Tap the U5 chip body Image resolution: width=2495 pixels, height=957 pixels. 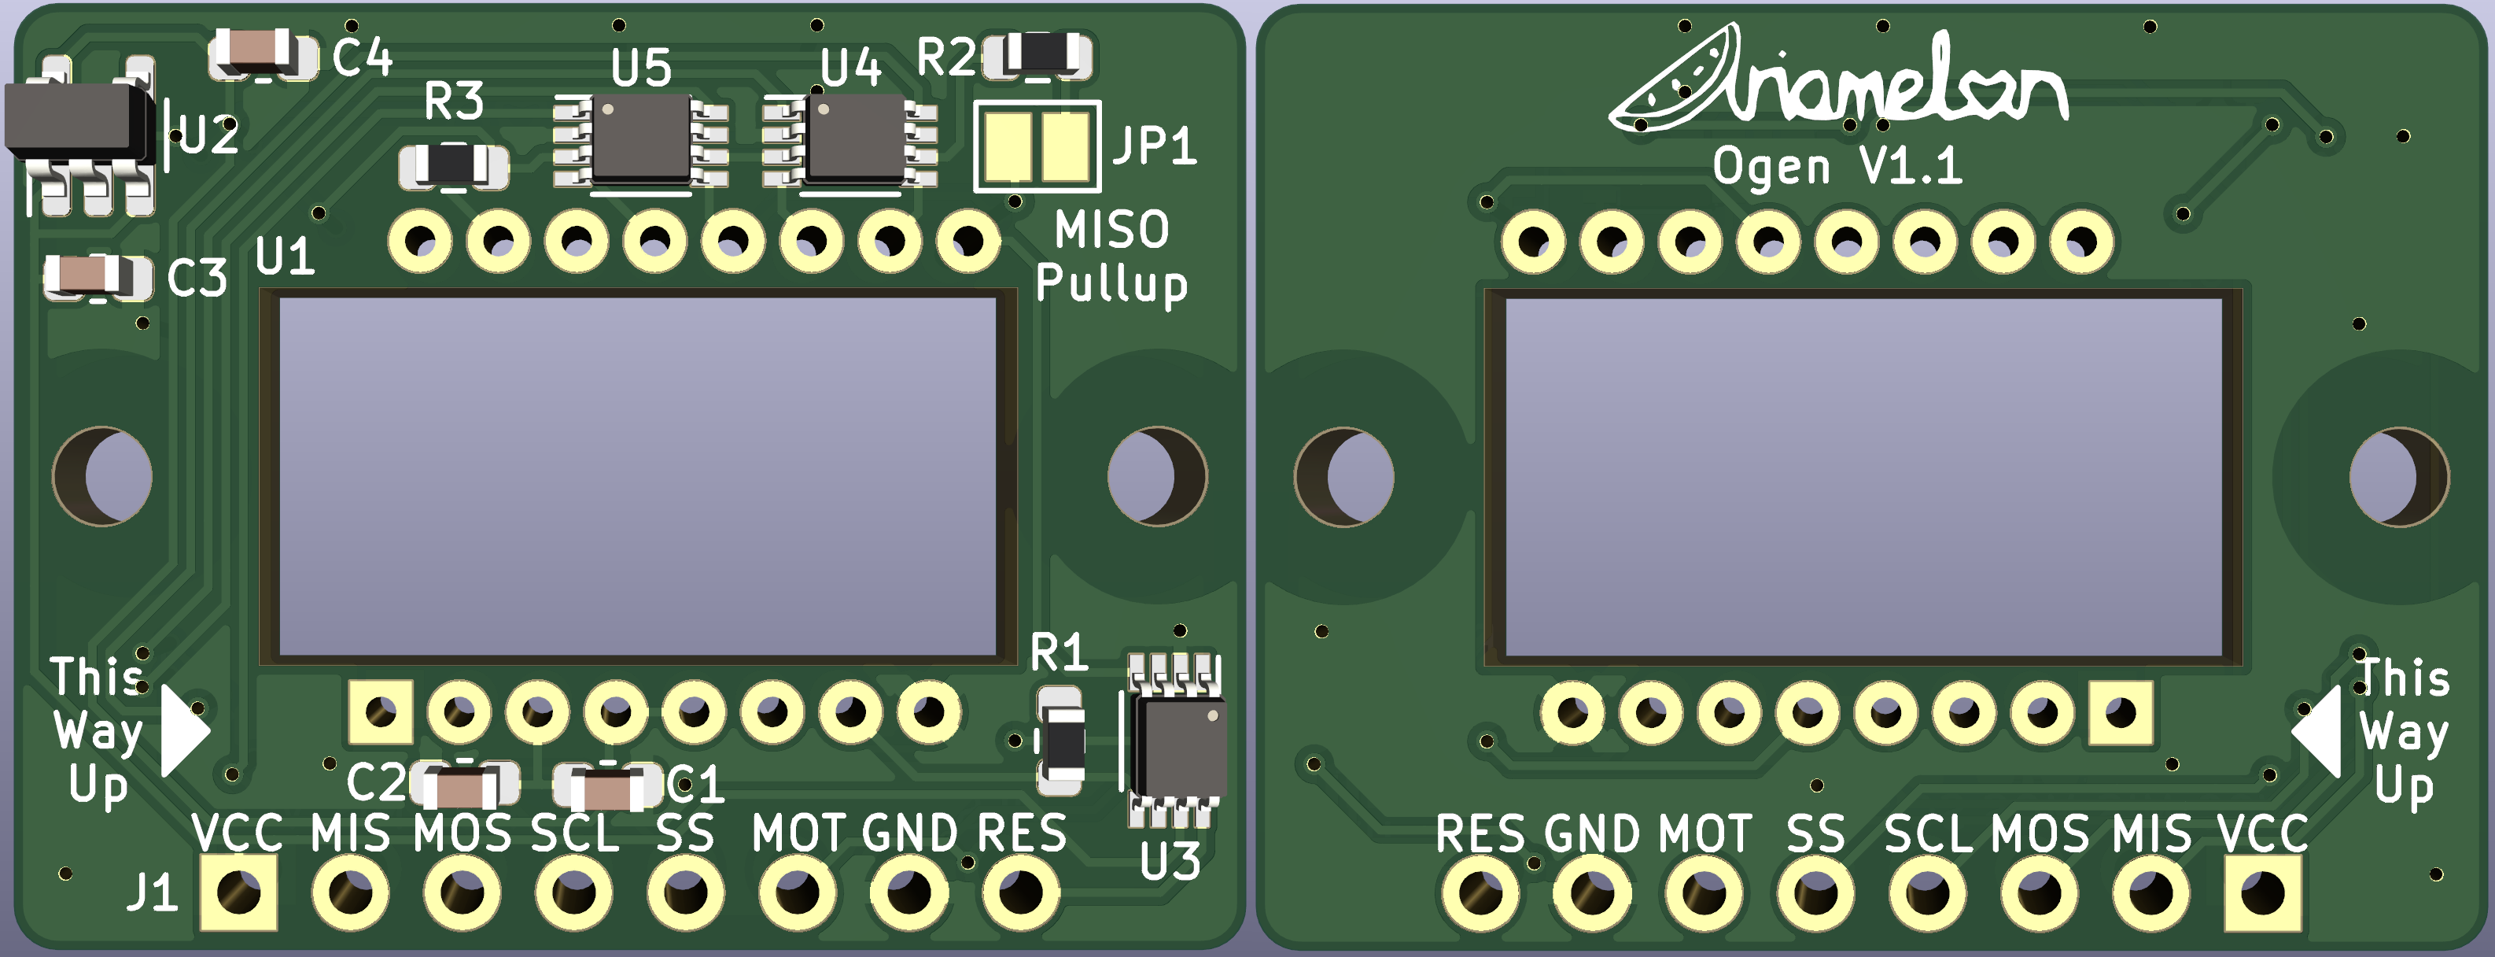(641, 139)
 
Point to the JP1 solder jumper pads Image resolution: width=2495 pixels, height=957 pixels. (1037, 147)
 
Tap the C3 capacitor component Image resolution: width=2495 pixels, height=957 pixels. (97, 277)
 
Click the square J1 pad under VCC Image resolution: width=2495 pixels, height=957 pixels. (238, 892)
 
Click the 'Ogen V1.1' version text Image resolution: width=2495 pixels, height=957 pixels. (1837, 167)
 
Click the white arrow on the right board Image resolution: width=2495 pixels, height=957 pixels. (2318, 731)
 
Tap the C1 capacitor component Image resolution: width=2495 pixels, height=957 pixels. (607, 786)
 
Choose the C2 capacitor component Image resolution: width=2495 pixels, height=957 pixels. (466, 785)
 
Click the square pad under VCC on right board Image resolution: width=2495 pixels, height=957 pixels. (2262, 892)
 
